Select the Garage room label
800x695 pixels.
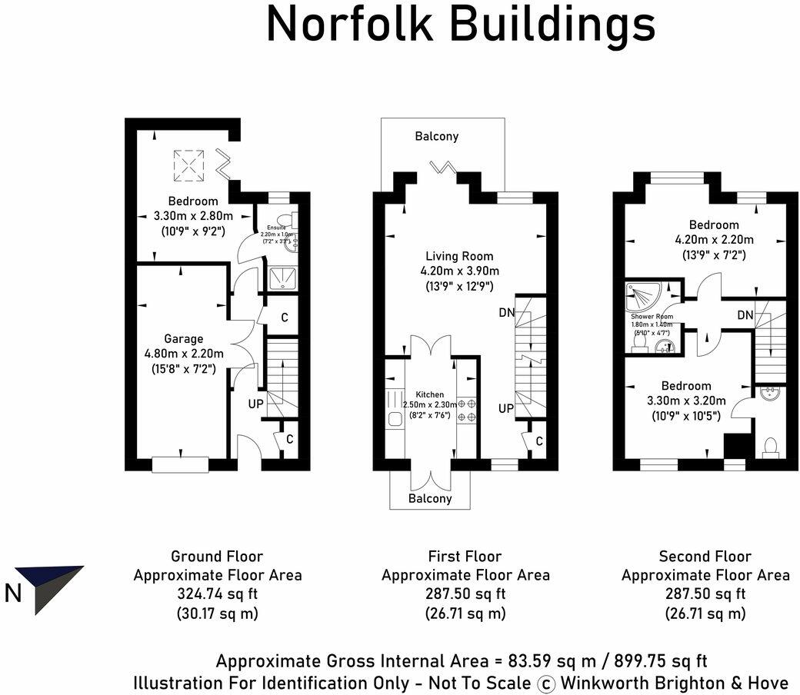(184, 339)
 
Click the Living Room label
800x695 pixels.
(460, 256)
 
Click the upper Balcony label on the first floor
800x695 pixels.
(436, 136)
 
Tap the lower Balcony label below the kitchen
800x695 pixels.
(429, 498)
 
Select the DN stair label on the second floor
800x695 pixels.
(745, 315)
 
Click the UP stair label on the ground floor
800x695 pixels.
(255, 403)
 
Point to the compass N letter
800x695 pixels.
(13, 593)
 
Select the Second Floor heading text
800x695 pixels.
(705, 556)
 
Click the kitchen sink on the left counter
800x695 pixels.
(395, 419)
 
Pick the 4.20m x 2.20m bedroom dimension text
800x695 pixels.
(713, 239)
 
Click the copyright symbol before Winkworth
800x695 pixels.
(545, 683)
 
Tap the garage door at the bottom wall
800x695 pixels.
(180, 464)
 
